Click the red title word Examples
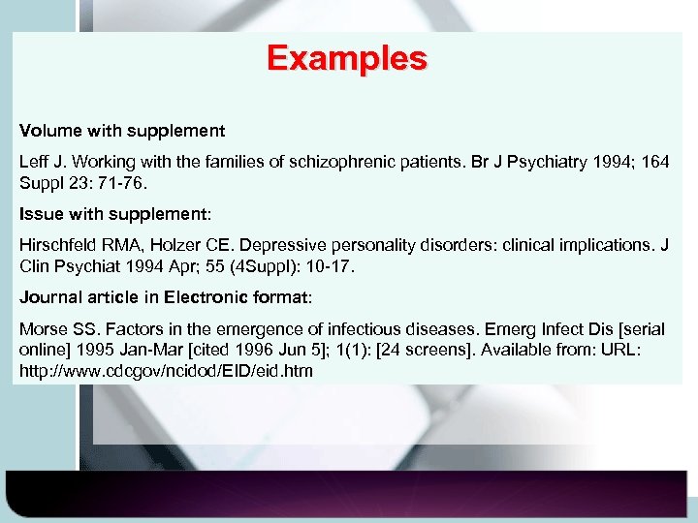[x=347, y=59]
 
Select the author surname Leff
[x=35, y=162]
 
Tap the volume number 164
[x=654, y=162]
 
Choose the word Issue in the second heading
[x=41, y=212]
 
